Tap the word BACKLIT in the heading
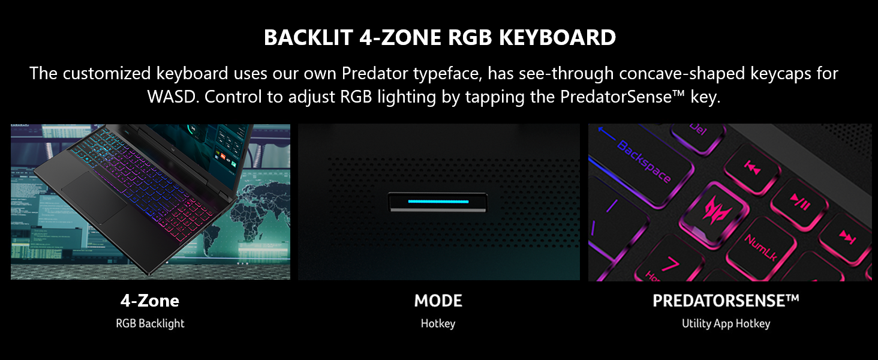[x=308, y=38]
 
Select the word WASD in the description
[x=172, y=97]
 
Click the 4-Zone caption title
[x=150, y=301]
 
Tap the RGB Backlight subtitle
[x=150, y=323]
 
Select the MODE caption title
[x=438, y=301]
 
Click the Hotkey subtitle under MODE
[x=438, y=323]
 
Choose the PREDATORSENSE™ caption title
[x=726, y=301]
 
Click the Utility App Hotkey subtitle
[x=726, y=323]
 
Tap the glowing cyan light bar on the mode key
[x=438, y=202]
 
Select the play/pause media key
[x=799, y=205]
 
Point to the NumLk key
[x=760, y=247]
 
